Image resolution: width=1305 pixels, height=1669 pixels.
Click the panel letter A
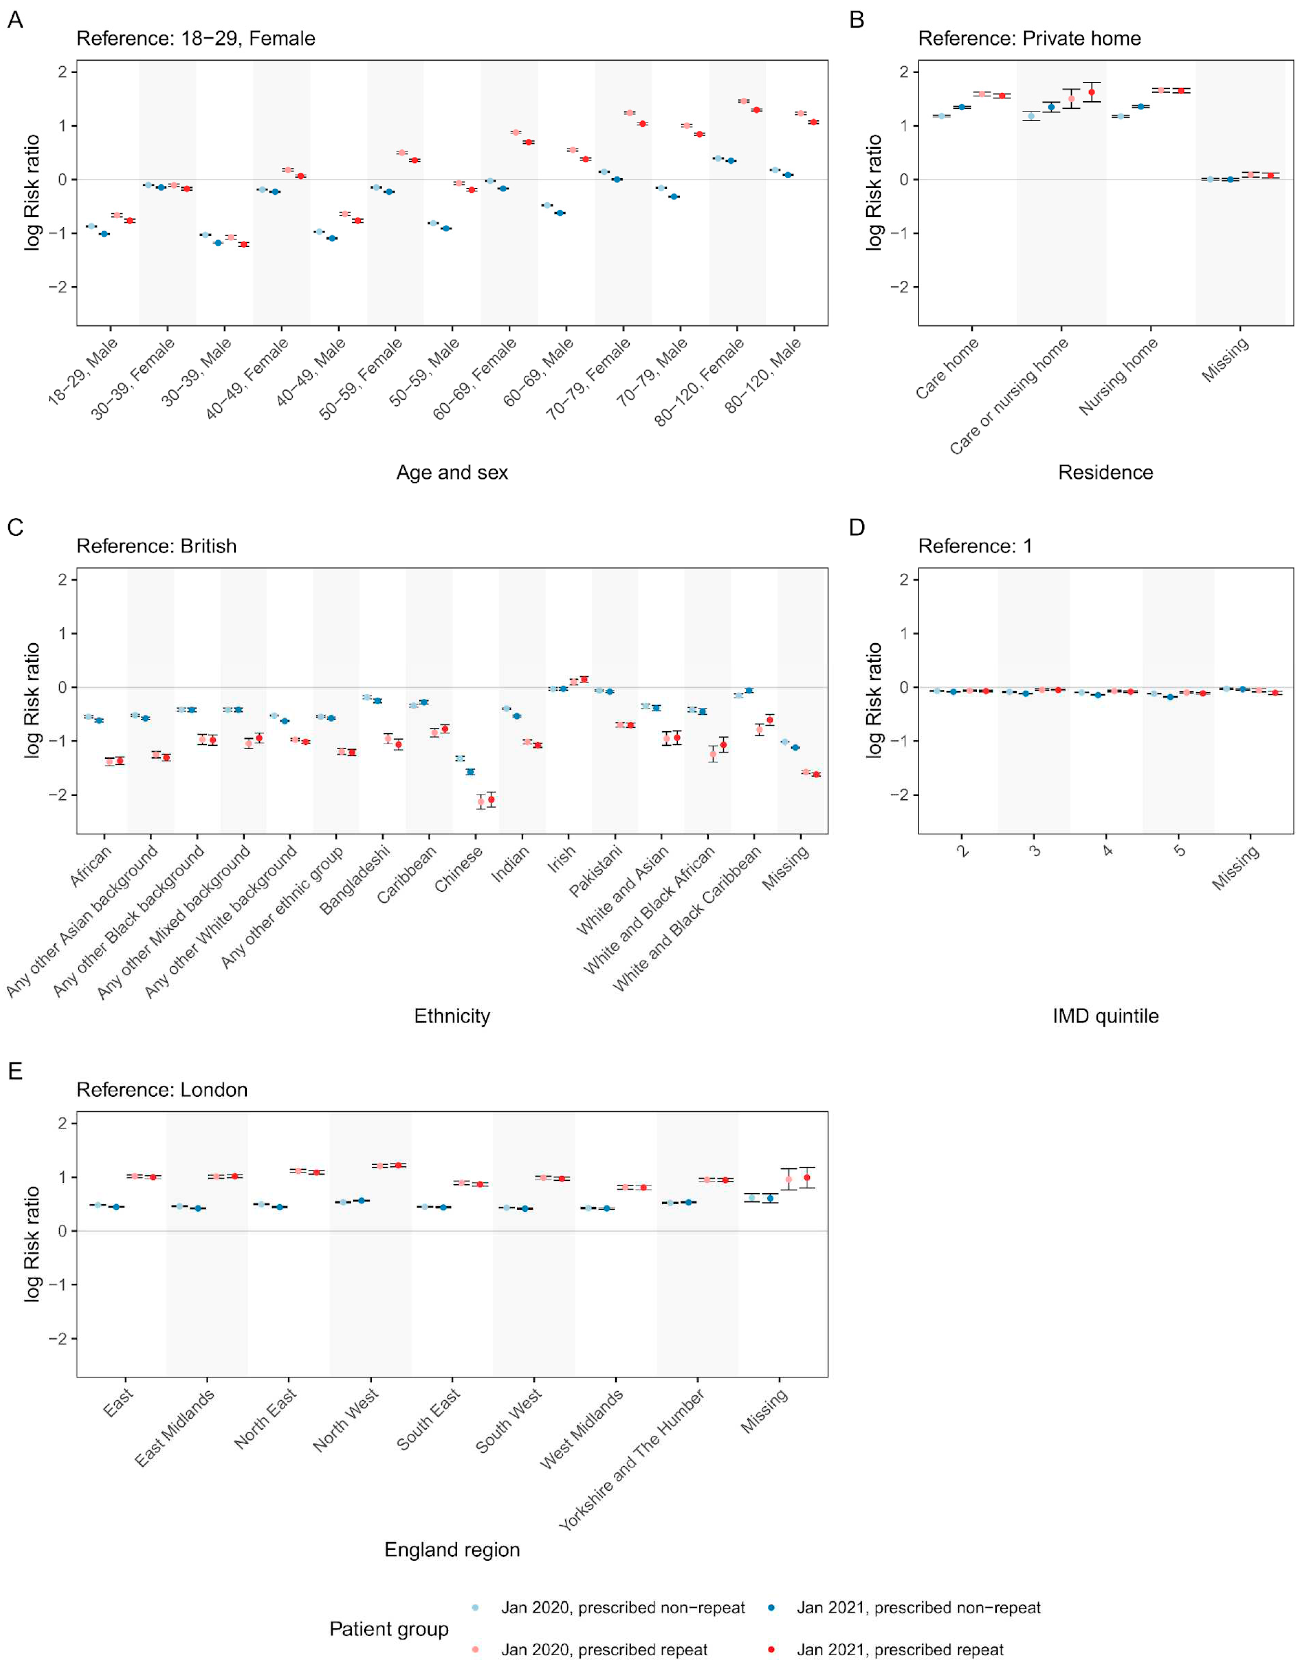click(x=14, y=20)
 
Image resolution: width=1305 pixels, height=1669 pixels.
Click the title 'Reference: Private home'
click(x=1029, y=38)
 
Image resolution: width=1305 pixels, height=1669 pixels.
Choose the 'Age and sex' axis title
click(x=451, y=472)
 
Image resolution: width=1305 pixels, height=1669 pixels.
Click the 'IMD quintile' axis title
click(x=1105, y=1015)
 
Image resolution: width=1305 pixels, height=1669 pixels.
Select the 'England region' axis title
click(x=451, y=1550)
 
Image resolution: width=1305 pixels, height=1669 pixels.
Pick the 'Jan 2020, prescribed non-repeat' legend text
click(x=623, y=1608)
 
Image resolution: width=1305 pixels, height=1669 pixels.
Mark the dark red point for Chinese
click(x=491, y=799)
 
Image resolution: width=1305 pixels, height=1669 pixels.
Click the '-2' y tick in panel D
click(x=902, y=795)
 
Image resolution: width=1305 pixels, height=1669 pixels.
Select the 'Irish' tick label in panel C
click(x=562, y=859)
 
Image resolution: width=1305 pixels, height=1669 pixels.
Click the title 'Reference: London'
click(x=162, y=1090)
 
